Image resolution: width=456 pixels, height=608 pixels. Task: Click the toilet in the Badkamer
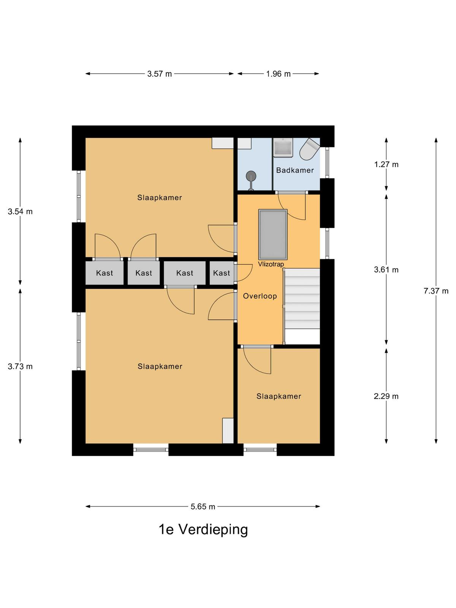point(310,149)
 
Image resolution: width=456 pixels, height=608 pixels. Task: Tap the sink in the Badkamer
point(283,147)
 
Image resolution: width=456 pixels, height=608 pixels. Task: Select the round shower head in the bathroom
point(251,176)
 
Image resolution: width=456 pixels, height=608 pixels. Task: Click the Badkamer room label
point(295,170)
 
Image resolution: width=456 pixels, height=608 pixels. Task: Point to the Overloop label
point(260,296)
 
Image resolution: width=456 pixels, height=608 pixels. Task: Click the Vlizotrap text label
point(271,264)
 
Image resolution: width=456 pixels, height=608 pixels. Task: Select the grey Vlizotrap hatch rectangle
point(273,235)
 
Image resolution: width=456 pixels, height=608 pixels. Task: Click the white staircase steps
point(302,299)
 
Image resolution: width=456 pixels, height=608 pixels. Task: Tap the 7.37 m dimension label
point(436,291)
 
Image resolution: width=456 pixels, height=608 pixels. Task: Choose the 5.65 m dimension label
point(203,507)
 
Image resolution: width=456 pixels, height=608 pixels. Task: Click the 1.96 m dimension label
point(278,74)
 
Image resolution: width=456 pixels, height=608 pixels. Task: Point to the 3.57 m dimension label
point(160,74)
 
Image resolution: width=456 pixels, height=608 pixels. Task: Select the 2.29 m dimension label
point(386,396)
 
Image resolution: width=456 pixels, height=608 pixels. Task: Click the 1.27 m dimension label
point(386,165)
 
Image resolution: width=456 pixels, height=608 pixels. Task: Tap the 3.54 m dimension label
point(20,212)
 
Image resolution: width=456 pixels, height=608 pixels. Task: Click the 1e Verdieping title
point(203,529)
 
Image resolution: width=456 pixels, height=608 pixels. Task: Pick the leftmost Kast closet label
point(104,273)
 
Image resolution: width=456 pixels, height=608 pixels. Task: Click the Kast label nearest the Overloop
point(222,273)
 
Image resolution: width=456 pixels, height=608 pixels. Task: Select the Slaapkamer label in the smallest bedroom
point(279,396)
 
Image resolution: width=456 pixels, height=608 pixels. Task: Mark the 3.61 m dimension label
point(386,269)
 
